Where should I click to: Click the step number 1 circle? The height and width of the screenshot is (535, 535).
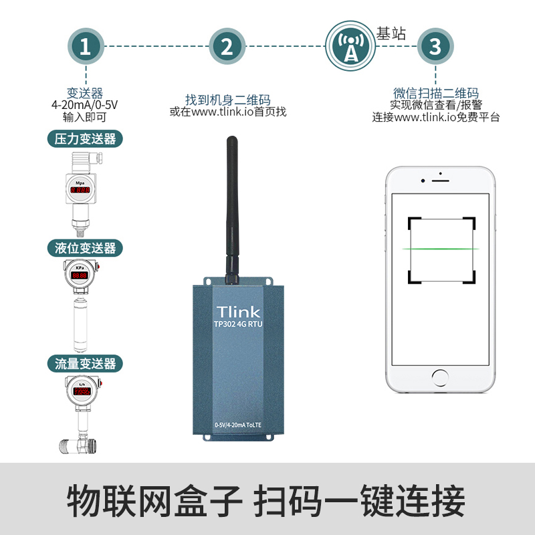(x=85, y=46)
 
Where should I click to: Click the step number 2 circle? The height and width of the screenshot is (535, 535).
(x=227, y=46)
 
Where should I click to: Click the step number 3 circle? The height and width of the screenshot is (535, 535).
(x=435, y=46)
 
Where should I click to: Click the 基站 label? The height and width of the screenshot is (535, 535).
(x=391, y=33)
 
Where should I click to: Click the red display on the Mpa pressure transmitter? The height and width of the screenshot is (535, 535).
(x=81, y=191)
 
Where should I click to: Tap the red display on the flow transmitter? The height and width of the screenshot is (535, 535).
(x=81, y=392)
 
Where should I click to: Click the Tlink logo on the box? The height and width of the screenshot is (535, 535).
(x=238, y=312)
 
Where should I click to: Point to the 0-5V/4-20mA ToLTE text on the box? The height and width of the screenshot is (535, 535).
(x=238, y=424)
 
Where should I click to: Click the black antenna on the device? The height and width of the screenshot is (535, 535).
(x=231, y=207)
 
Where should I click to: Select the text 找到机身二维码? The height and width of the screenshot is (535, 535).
(x=227, y=100)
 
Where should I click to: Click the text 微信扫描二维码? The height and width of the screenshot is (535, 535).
(x=435, y=93)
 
